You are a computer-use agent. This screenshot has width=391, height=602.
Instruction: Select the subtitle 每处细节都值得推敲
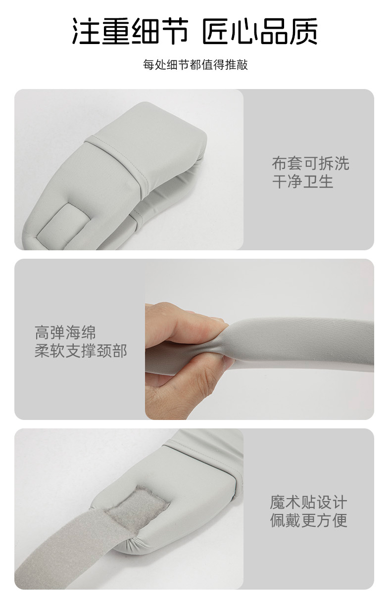pos(195,65)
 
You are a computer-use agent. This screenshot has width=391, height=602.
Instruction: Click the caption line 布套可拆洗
pos(310,163)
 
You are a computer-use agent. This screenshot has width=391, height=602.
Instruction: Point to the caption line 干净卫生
pos(302,182)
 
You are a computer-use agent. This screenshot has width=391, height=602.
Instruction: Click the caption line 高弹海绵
pos(65,332)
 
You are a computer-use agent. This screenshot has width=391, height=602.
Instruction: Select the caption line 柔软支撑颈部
pos(81,351)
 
